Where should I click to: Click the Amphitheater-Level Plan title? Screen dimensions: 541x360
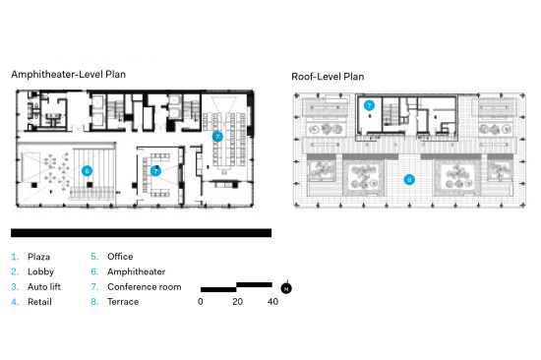pyautogui.click(x=68, y=75)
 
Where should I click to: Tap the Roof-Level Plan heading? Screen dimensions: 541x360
pyautogui.click(x=328, y=77)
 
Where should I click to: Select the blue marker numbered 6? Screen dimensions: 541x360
pyautogui.click(x=87, y=170)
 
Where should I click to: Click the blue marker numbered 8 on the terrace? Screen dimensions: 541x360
pyautogui.click(x=409, y=179)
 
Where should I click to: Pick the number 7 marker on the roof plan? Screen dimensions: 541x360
pyautogui.click(x=369, y=105)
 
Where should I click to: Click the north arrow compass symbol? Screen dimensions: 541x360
pyautogui.click(x=286, y=288)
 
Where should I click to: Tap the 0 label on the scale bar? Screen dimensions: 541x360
pyautogui.click(x=200, y=302)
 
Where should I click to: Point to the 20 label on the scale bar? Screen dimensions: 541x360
pyautogui.click(x=237, y=302)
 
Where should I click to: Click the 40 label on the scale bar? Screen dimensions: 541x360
pyautogui.click(x=272, y=302)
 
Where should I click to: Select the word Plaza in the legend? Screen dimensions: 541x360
pyautogui.click(x=38, y=257)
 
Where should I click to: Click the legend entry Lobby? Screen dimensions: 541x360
pyautogui.click(x=40, y=272)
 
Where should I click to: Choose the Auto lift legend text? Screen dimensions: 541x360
pyautogui.click(x=44, y=287)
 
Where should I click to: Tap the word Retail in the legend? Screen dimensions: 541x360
pyautogui.click(x=39, y=302)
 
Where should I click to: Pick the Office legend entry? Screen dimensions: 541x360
pyautogui.click(x=120, y=257)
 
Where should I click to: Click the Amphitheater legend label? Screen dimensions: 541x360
pyautogui.click(x=137, y=271)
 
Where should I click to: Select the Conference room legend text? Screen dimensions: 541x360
pyautogui.click(x=145, y=287)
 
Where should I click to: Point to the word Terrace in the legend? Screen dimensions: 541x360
pyautogui.click(x=123, y=302)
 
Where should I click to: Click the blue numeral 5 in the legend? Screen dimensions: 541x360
pyautogui.click(x=94, y=257)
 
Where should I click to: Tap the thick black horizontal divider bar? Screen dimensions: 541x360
pyautogui.click(x=141, y=233)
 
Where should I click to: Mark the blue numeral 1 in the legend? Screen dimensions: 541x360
pyautogui.click(x=15, y=257)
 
